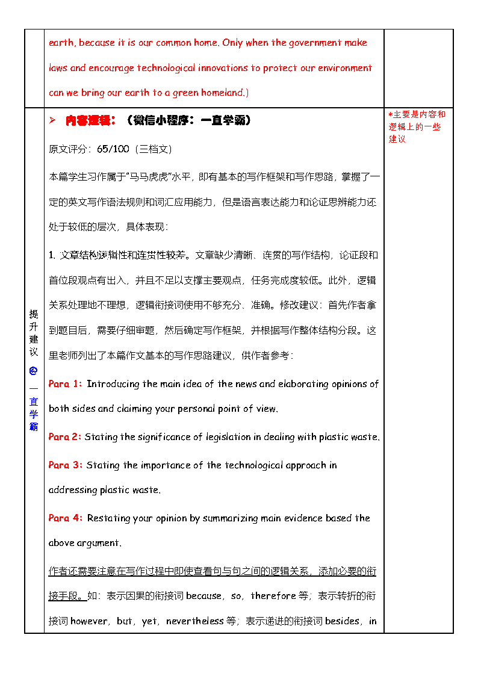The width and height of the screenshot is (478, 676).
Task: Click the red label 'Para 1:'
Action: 64,384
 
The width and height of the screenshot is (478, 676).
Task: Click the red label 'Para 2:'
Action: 64,437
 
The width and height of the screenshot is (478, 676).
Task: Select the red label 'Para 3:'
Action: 65,465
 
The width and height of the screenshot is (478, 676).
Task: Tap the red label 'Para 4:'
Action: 65,518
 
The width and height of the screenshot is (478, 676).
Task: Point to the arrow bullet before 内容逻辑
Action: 52,120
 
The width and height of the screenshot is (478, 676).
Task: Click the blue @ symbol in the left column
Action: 33,371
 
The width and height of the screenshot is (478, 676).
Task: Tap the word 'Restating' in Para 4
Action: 107,518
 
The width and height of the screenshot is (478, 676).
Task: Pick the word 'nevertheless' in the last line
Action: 194,621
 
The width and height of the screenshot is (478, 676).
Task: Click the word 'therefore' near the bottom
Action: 273,596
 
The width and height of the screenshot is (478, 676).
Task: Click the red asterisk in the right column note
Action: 390,114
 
